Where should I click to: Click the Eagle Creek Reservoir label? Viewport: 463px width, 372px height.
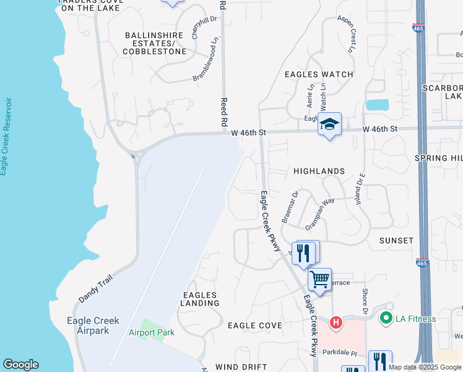[6, 136]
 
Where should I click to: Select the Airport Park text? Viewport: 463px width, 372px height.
[152, 333]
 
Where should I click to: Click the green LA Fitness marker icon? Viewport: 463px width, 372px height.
[387, 319]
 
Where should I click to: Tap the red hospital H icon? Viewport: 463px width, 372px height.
[335, 322]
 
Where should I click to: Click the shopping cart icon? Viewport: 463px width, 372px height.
[319, 280]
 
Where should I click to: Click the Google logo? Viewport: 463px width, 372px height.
[20, 365]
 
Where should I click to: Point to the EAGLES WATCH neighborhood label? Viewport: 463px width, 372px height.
[319, 74]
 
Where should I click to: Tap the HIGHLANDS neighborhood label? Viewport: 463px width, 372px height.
[319, 171]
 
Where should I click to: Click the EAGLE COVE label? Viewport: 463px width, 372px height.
[255, 325]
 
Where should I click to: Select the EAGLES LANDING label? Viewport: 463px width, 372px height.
[200, 299]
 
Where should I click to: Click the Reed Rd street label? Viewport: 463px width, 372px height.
[225, 112]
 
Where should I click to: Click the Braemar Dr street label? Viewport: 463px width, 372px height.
[290, 207]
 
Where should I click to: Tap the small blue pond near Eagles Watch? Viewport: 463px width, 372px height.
[377, 105]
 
